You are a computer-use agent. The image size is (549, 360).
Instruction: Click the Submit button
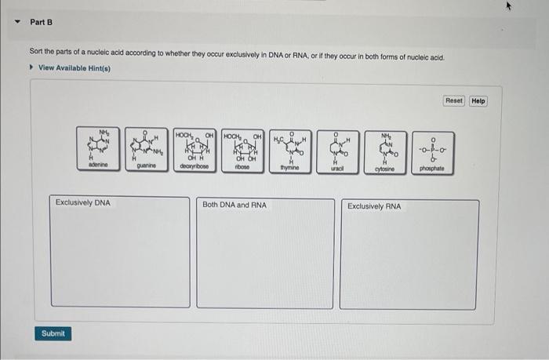53,333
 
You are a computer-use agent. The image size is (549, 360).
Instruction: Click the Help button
478,101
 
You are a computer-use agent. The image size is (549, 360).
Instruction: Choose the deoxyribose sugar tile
195,149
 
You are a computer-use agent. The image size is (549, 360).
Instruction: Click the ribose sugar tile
243,149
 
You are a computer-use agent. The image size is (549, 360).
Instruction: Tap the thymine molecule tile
291,149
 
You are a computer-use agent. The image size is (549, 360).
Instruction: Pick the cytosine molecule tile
384,149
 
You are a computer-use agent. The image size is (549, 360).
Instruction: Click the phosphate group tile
432,149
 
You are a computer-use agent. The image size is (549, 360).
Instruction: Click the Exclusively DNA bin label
83,203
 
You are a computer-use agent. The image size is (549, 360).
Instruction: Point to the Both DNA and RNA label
235,205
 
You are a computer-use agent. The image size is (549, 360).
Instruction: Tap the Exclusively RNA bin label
375,206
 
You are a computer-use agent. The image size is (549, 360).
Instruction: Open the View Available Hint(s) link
75,68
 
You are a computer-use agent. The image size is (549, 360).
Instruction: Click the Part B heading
41,22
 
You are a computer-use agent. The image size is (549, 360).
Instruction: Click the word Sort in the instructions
37,58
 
